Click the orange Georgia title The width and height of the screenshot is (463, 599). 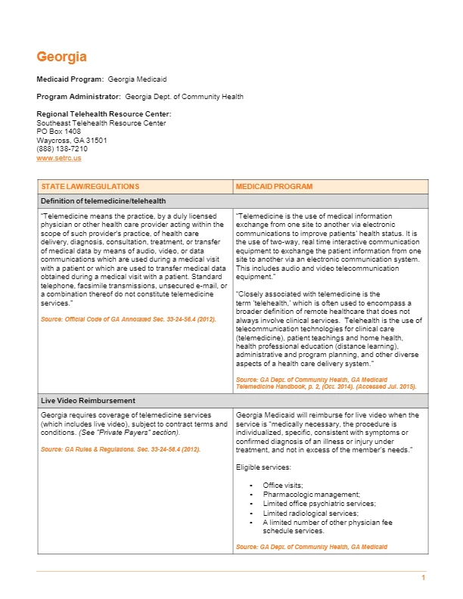[x=62, y=57]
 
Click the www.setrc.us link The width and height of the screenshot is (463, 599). [x=59, y=158]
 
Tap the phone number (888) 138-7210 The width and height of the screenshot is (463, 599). [x=61, y=149]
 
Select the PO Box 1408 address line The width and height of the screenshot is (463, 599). [x=59, y=132]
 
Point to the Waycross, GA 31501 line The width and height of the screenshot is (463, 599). [x=72, y=140]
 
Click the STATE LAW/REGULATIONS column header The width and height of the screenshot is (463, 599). [x=91, y=186]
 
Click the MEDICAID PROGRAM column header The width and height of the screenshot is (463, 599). [x=274, y=186]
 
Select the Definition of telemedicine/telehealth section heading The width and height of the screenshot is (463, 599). [x=104, y=200]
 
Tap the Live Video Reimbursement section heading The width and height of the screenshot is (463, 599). [x=88, y=399]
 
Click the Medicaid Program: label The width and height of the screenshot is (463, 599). [x=70, y=79]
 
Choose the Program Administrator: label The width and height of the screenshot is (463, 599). [x=79, y=97]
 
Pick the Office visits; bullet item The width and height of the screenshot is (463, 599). [x=283, y=485]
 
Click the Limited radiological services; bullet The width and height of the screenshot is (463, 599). [x=310, y=513]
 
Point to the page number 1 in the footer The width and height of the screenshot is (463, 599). [x=424, y=579]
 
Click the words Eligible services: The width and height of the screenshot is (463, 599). [x=261, y=467]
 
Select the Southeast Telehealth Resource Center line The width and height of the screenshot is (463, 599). [x=101, y=123]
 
